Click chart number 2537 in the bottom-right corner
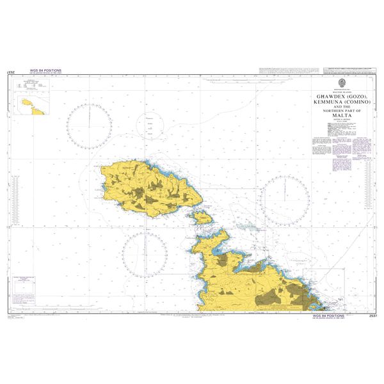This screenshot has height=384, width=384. coord(368,316)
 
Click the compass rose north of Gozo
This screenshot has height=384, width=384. coord(91,124)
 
